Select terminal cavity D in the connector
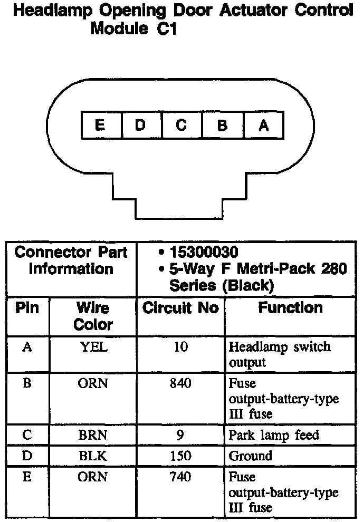point(141,125)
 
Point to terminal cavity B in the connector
point(223,125)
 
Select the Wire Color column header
point(93,316)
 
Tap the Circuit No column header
point(180,308)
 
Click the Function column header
point(290,308)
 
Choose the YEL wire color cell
point(93,347)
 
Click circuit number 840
point(180,384)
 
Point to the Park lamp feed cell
point(274,436)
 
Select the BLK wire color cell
point(93,456)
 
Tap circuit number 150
point(180,456)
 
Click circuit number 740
point(180,477)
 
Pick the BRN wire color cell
point(93,436)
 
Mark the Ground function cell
point(250,456)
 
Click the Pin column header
point(27,308)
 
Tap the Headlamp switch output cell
point(280,354)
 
